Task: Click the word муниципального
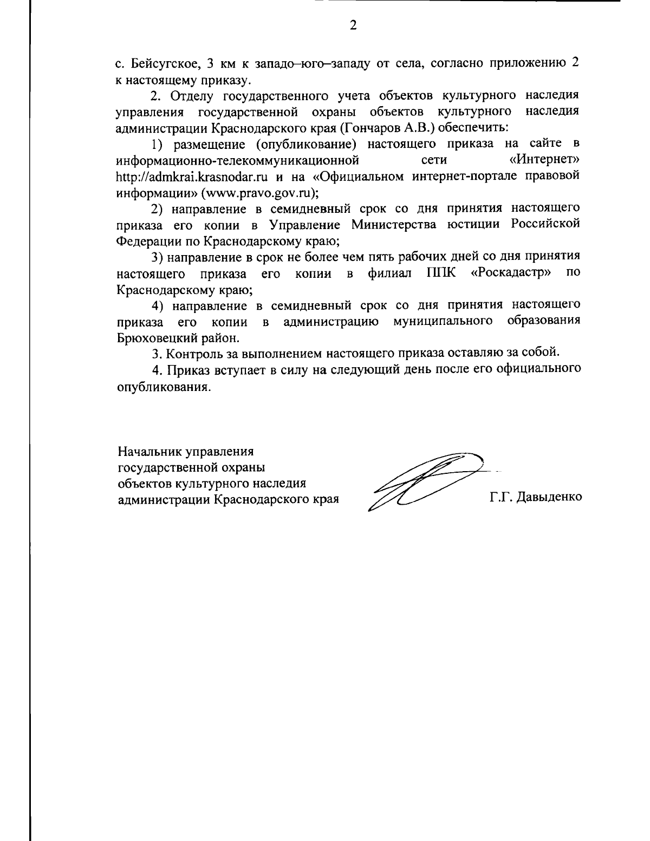tap(443, 322)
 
